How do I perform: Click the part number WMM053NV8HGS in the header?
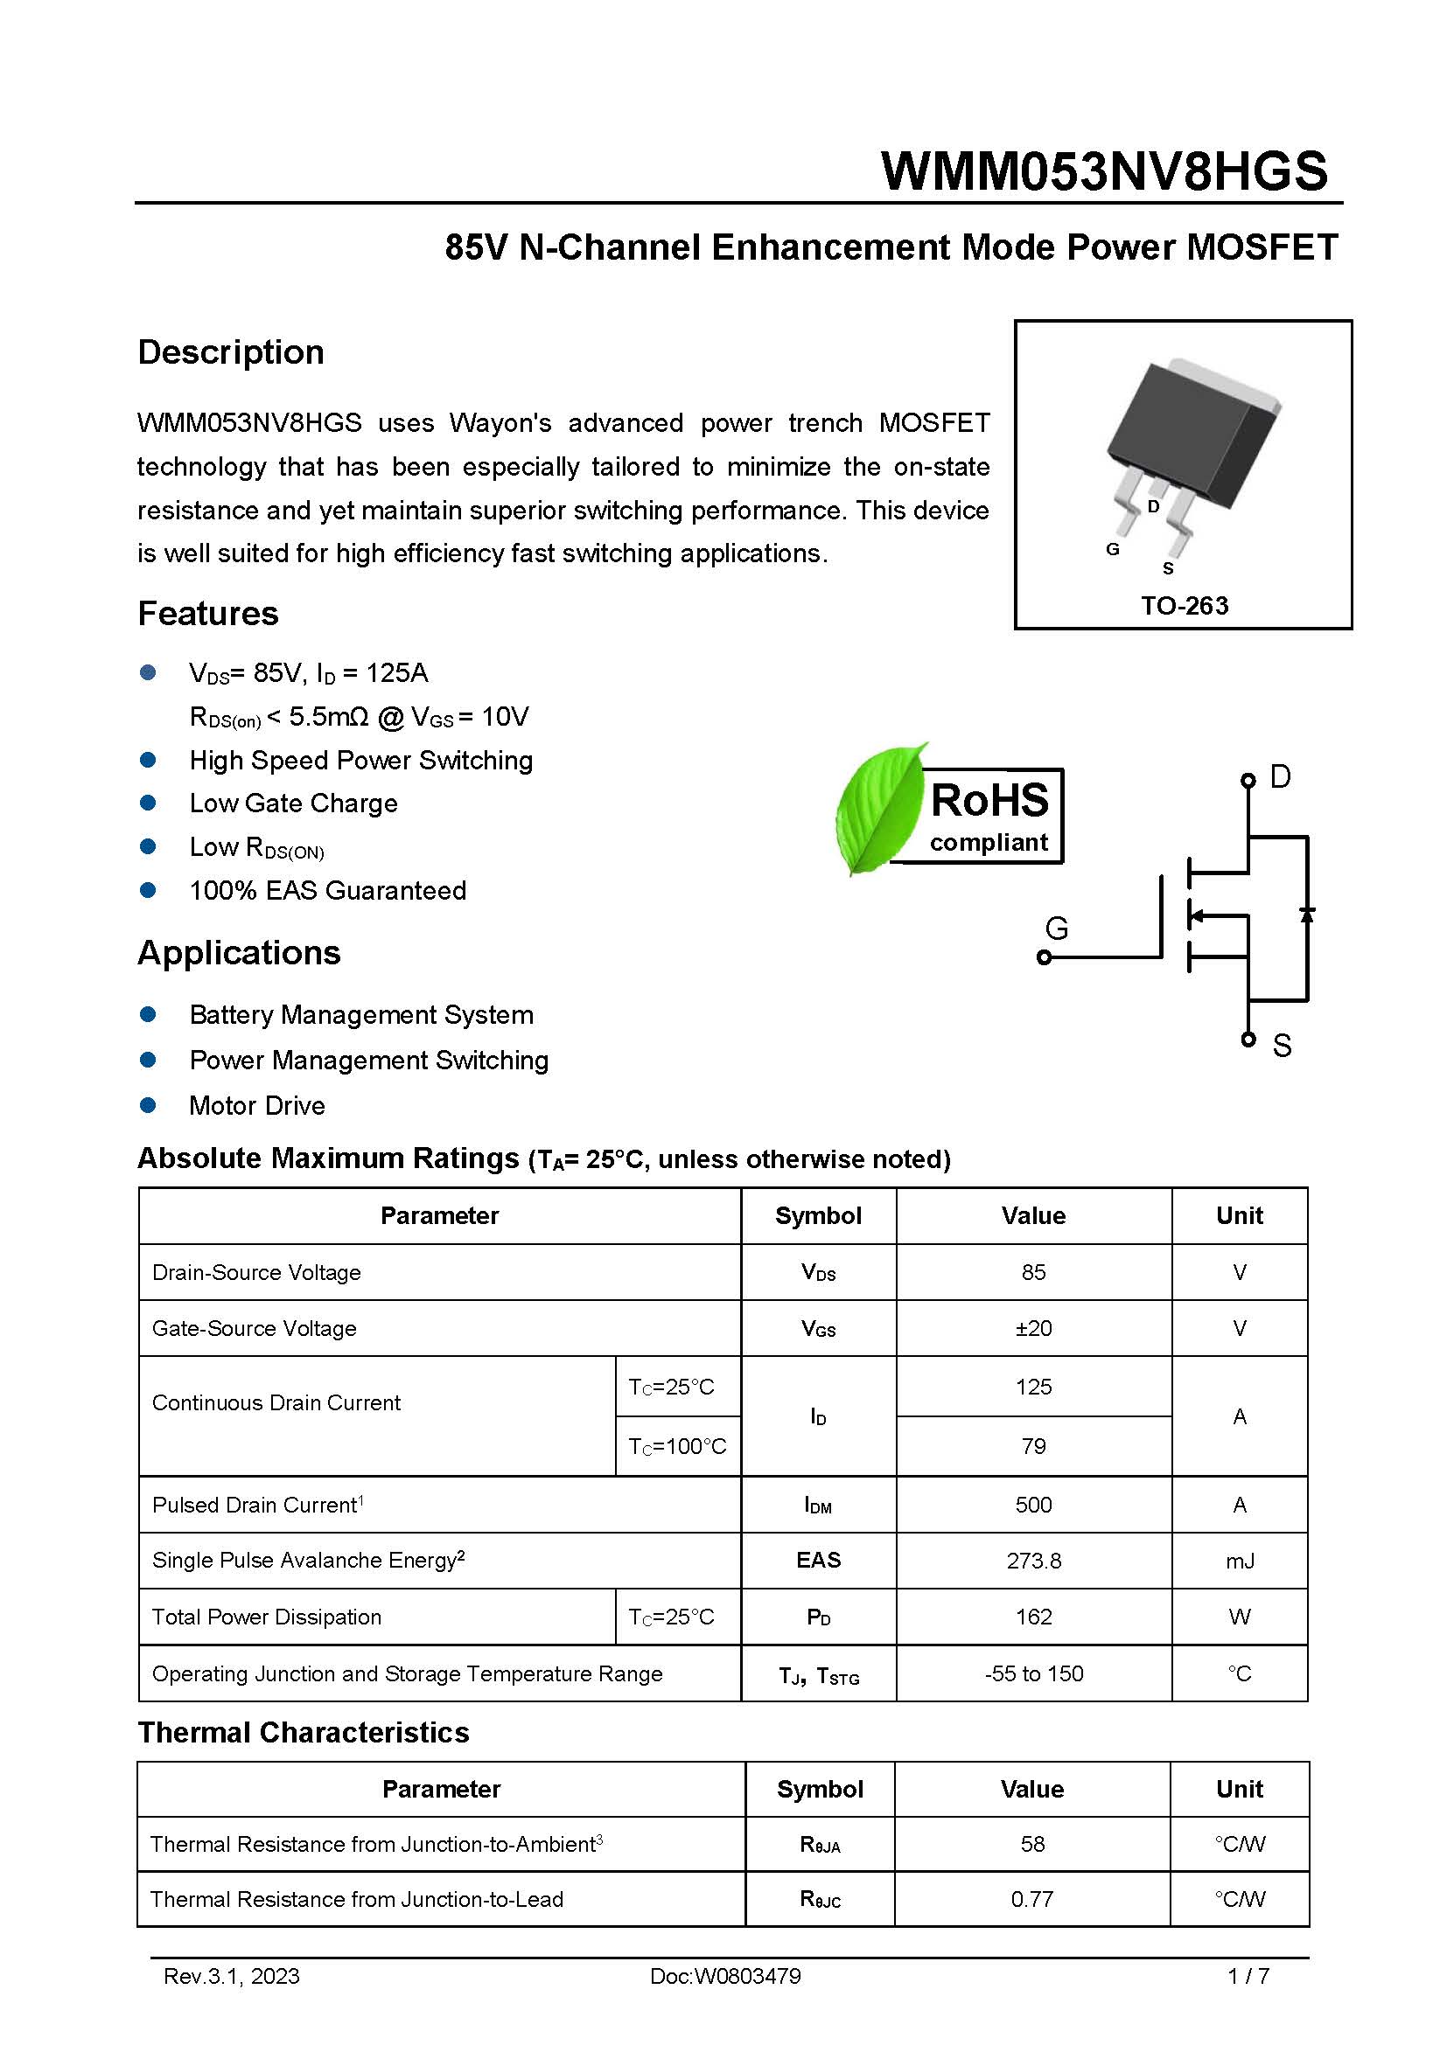coord(1104,171)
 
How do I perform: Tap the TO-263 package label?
coord(1185,606)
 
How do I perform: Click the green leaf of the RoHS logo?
coord(877,809)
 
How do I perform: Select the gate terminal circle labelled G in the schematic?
coord(1045,957)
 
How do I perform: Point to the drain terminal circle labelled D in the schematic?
coord(1248,780)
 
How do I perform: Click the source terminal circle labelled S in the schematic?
coord(1248,1040)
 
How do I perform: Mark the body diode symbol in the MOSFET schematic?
coord(1307,915)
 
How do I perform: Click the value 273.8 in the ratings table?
coord(1033,1562)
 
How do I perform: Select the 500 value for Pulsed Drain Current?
coord(1033,1506)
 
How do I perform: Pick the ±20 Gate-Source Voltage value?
coord(1033,1329)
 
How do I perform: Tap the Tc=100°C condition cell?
coord(677,1446)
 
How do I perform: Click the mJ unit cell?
coord(1240,1562)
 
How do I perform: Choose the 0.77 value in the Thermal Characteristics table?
coord(1031,1900)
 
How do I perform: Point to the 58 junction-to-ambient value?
coord(1031,1844)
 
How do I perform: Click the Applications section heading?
coord(239,953)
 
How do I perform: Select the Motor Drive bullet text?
coord(256,1106)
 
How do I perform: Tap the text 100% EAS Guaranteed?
coord(327,891)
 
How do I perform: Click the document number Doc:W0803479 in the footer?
coord(725,1977)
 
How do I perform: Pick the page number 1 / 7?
coord(1248,1977)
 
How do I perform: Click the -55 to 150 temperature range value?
coord(1033,1674)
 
